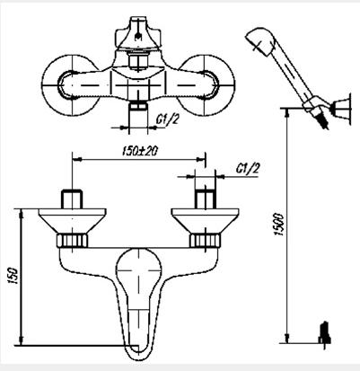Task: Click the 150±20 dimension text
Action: [x=140, y=151]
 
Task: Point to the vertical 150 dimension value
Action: [x=13, y=276]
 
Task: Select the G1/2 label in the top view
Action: [x=167, y=119]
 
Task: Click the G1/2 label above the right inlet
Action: [x=247, y=169]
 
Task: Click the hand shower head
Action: [x=260, y=41]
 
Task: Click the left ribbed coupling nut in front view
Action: [x=72, y=241]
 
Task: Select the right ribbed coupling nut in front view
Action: [x=206, y=241]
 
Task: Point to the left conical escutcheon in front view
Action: [x=72, y=221]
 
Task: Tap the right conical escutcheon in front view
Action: [x=205, y=221]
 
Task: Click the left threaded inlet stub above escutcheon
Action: [x=72, y=199]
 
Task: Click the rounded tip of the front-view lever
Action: [x=138, y=354]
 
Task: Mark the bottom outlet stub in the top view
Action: [x=138, y=112]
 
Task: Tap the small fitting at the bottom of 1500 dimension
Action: [x=324, y=335]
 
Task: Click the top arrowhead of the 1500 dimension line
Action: [x=287, y=112]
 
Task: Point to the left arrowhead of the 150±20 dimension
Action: [x=77, y=159]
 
